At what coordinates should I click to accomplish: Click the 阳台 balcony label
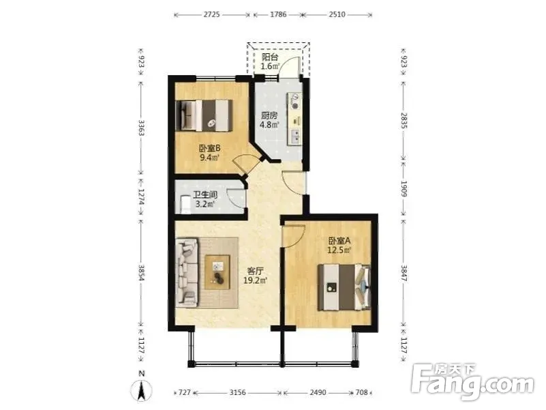[269, 57]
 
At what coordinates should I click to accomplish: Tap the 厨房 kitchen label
[269, 115]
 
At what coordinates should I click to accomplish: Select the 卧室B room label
[210, 149]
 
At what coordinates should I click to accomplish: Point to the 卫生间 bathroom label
[205, 195]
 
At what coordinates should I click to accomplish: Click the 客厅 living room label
[255, 271]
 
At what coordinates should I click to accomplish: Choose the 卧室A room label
[339, 241]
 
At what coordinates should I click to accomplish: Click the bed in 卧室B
[204, 115]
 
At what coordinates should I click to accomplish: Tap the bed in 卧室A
[344, 287]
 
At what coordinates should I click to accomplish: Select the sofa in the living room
[187, 272]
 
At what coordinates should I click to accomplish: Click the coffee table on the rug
[217, 272]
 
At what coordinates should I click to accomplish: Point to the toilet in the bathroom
[185, 205]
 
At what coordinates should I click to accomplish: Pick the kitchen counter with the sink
[294, 119]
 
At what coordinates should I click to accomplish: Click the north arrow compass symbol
[141, 390]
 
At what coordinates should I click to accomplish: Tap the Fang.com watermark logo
[472, 381]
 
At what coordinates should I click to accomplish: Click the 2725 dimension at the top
[211, 14]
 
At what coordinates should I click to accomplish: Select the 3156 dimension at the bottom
[237, 392]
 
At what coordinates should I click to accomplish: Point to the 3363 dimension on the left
[141, 128]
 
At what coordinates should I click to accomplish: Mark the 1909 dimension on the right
[404, 188]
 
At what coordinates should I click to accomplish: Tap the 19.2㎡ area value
[255, 280]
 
